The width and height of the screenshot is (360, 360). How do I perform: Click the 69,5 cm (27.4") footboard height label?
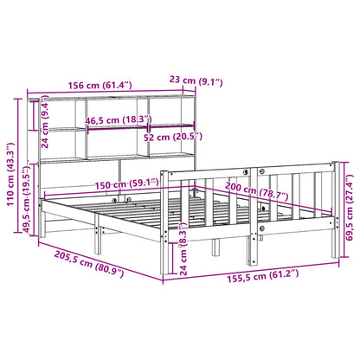tap(348, 209)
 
